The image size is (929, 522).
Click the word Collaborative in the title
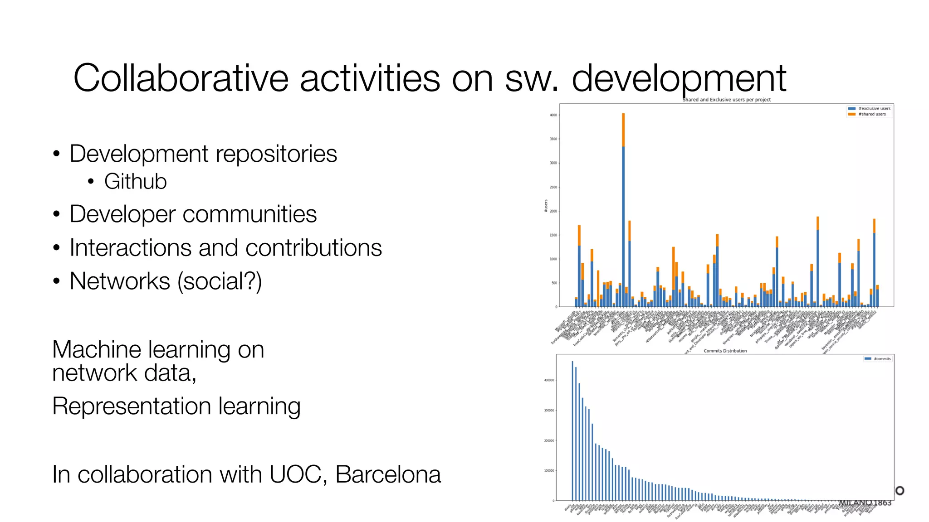click(181, 78)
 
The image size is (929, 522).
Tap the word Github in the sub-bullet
click(135, 182)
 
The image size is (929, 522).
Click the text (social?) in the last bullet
click(220, 281)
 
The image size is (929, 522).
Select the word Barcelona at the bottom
click(388, 474)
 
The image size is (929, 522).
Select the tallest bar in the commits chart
click(572, 430)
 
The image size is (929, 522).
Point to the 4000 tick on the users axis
click(553, 115)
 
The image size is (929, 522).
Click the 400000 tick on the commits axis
click(549, 380)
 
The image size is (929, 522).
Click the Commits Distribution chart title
click(725, 351)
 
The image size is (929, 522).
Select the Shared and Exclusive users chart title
click(726, 100)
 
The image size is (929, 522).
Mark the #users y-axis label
click(546, 206)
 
